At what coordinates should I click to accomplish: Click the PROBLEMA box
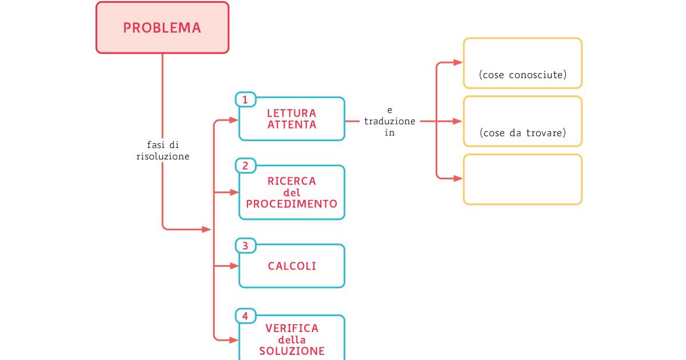click(162, 27)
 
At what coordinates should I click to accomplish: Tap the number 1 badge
click(245, 100)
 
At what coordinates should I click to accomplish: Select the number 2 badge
click(245, 166)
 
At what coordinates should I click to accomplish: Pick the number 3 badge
click(245, 246)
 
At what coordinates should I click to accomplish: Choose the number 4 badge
click(245, 316)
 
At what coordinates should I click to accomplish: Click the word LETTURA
click(292, 113)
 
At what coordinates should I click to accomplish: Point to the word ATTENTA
click(292, 125)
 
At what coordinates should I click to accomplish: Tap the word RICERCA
click(292, 181)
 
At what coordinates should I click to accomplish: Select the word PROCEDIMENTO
click(292, 204)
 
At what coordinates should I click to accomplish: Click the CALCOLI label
click(292, 266)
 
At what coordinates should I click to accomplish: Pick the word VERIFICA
click(292, 329)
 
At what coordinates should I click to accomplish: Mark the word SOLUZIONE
click(292, 351)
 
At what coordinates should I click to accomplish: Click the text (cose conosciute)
click(523, 75)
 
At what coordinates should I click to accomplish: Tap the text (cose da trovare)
click(523, 133)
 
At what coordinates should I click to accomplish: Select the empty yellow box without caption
click(523, 179)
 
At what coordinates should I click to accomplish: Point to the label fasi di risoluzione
click(163, 151)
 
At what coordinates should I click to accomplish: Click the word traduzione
click(390, 121)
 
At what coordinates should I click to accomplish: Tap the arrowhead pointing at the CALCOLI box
click(234, 266)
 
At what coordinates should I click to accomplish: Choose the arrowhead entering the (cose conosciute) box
click(458, 63)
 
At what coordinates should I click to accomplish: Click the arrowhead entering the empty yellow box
click(458, 178)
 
